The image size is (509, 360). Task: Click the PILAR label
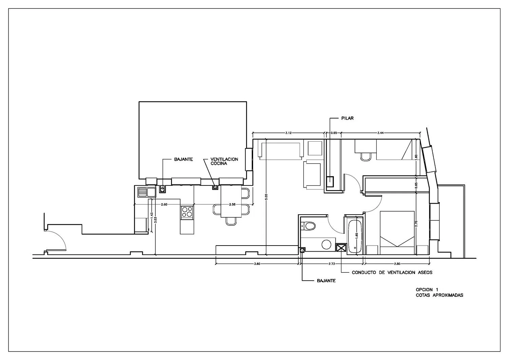347,118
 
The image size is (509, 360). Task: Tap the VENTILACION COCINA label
224,161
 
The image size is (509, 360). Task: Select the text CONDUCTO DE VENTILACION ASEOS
392,272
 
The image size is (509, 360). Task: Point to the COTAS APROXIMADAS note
439,295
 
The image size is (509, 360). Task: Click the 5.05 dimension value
266,197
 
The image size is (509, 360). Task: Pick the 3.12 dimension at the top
288,133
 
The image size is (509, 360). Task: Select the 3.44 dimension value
380,133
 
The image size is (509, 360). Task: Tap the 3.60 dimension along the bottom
257,264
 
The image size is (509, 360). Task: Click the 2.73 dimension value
332,264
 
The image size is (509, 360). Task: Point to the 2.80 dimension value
397,264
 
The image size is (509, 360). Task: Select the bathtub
355,236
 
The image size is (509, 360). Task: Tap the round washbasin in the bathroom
326,245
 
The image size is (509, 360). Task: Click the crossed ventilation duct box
341,248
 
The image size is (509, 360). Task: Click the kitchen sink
147,192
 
